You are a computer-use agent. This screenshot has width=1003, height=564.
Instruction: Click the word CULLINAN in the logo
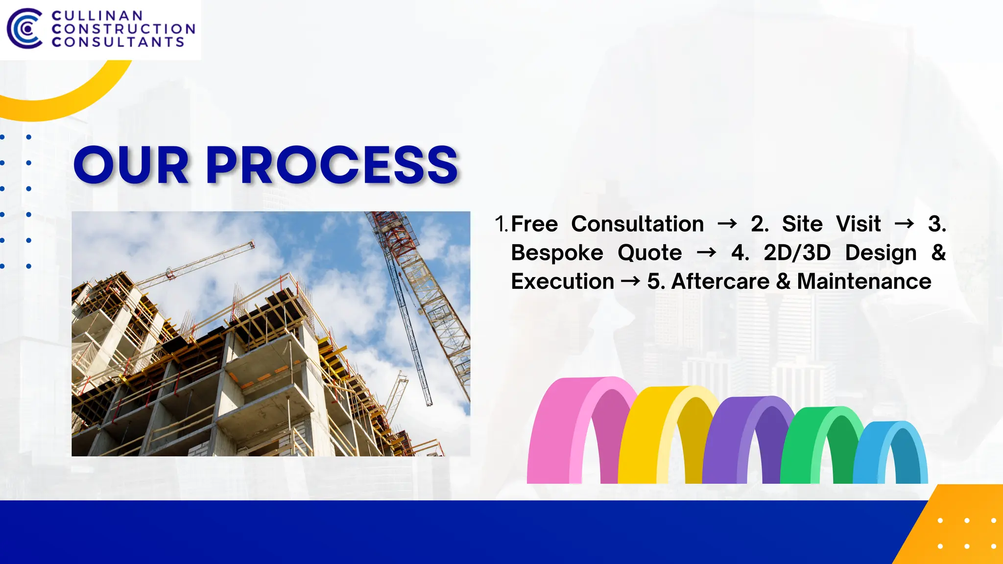(97, 16)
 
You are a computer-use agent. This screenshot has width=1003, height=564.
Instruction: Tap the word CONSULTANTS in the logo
(118, 42)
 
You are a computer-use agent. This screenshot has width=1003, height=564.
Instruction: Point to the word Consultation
(637, 224)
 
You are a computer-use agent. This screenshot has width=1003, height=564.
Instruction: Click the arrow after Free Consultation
(727, 224)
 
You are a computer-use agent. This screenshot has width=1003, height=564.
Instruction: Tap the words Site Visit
(831, 224)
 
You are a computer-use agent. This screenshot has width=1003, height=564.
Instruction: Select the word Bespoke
(557, 253)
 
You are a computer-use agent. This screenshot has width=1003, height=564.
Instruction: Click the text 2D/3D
(797, 253)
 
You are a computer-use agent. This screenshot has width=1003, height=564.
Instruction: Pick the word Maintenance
(864, 282)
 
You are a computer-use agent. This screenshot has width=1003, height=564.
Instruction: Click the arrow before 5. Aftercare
(630, 282)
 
